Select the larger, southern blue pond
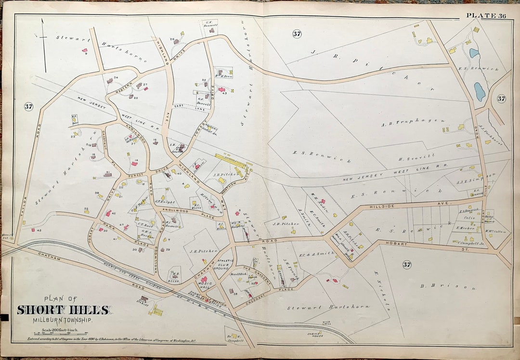tap(480, 91)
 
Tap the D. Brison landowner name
tap(448, 288)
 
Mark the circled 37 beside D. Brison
tap(407, 264)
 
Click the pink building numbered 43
tap(221, 90)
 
